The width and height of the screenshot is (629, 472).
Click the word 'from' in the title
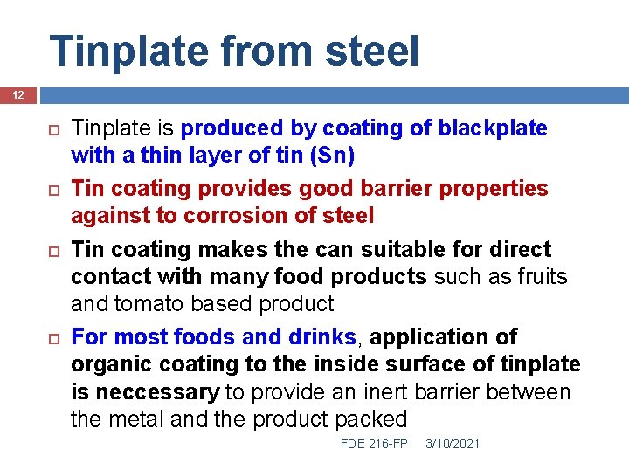(267, 51)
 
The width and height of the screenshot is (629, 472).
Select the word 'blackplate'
(493, 128)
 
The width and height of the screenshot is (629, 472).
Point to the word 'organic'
(107, 364)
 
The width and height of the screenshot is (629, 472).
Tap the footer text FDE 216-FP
(374, 444)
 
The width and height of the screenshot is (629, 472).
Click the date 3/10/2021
(453, 444)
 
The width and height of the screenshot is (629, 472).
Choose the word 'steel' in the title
(373, 51)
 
